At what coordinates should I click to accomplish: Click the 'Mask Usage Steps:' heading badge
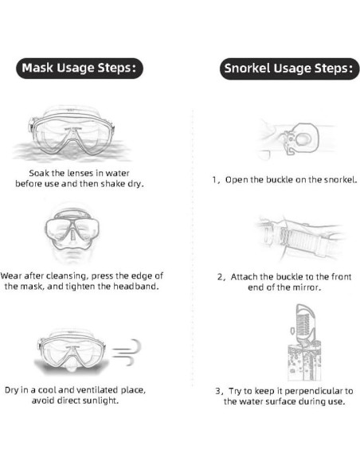click(80, 68)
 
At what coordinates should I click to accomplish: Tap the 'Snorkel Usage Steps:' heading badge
click(289, 68)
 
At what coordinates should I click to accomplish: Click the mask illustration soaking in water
click(72, 133)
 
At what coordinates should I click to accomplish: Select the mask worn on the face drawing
click(72, 232)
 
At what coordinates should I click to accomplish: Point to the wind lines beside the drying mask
click(127, 352)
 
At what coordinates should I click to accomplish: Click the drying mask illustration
click(72, 351)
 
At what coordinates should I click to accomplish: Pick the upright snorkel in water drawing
click(305, 342)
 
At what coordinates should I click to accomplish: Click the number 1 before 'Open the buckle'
click(215, 180)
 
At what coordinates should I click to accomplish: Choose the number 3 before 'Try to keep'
click(218, 391)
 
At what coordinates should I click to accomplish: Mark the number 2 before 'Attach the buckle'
click(220, 276)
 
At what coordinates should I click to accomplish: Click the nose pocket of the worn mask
click(72, 235)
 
